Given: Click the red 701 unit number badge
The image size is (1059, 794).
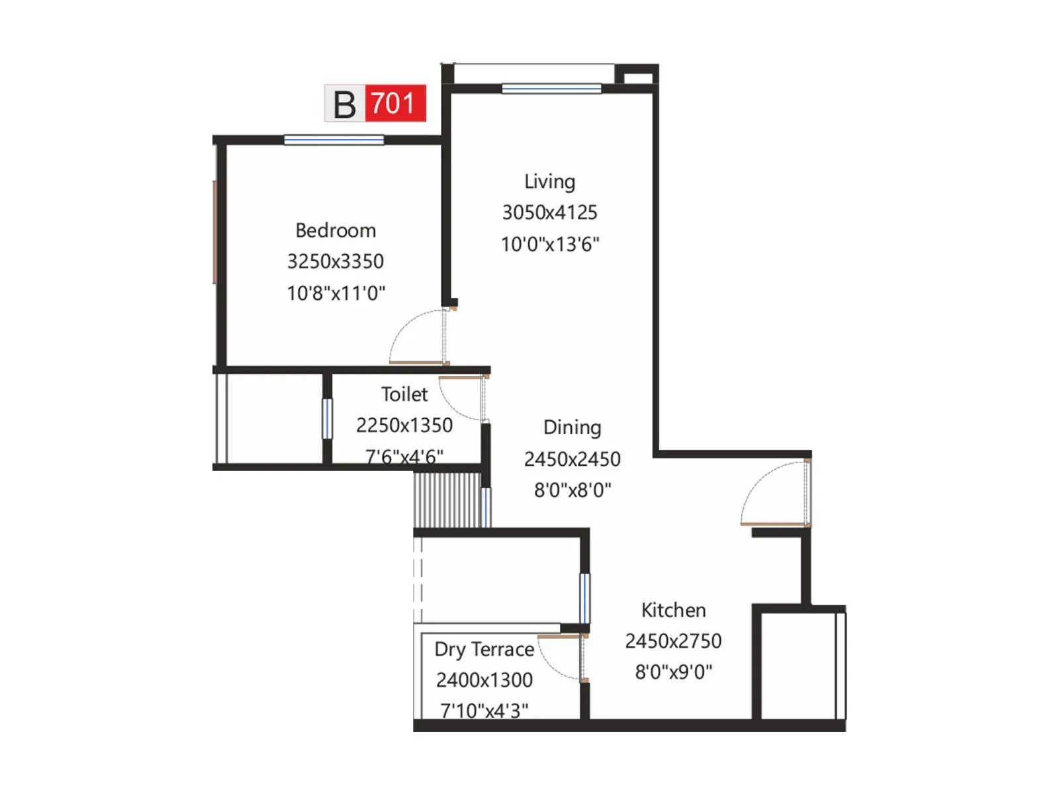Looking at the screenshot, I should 394,103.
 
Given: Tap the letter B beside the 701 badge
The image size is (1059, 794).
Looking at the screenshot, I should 344,105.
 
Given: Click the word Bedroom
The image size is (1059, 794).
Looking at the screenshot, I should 336,230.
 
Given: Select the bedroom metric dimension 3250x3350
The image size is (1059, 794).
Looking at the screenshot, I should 336,261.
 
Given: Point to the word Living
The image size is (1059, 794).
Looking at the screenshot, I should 549,181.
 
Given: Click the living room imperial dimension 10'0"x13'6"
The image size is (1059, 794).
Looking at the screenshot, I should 549,244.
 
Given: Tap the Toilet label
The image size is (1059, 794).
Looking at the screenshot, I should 404,394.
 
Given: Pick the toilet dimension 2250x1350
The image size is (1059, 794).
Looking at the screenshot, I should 404,425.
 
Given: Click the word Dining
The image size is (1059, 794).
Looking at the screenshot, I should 572,427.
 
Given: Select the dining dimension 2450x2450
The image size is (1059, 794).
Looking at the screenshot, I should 572,459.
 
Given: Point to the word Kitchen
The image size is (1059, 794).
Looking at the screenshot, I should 673,610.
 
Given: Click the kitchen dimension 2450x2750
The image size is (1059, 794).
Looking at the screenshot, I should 673,641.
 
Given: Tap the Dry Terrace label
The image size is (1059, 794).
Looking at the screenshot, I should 484,649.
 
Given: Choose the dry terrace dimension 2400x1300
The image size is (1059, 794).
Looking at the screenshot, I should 484,680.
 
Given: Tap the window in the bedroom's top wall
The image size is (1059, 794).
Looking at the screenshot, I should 334,140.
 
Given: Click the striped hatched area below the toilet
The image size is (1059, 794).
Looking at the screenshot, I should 447,500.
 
